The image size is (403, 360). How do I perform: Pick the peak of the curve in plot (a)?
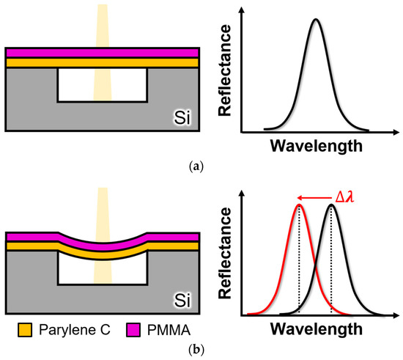[315, 19]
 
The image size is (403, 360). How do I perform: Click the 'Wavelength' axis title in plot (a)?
[315, 145]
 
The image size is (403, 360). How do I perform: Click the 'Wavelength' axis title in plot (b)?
[315, 329]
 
